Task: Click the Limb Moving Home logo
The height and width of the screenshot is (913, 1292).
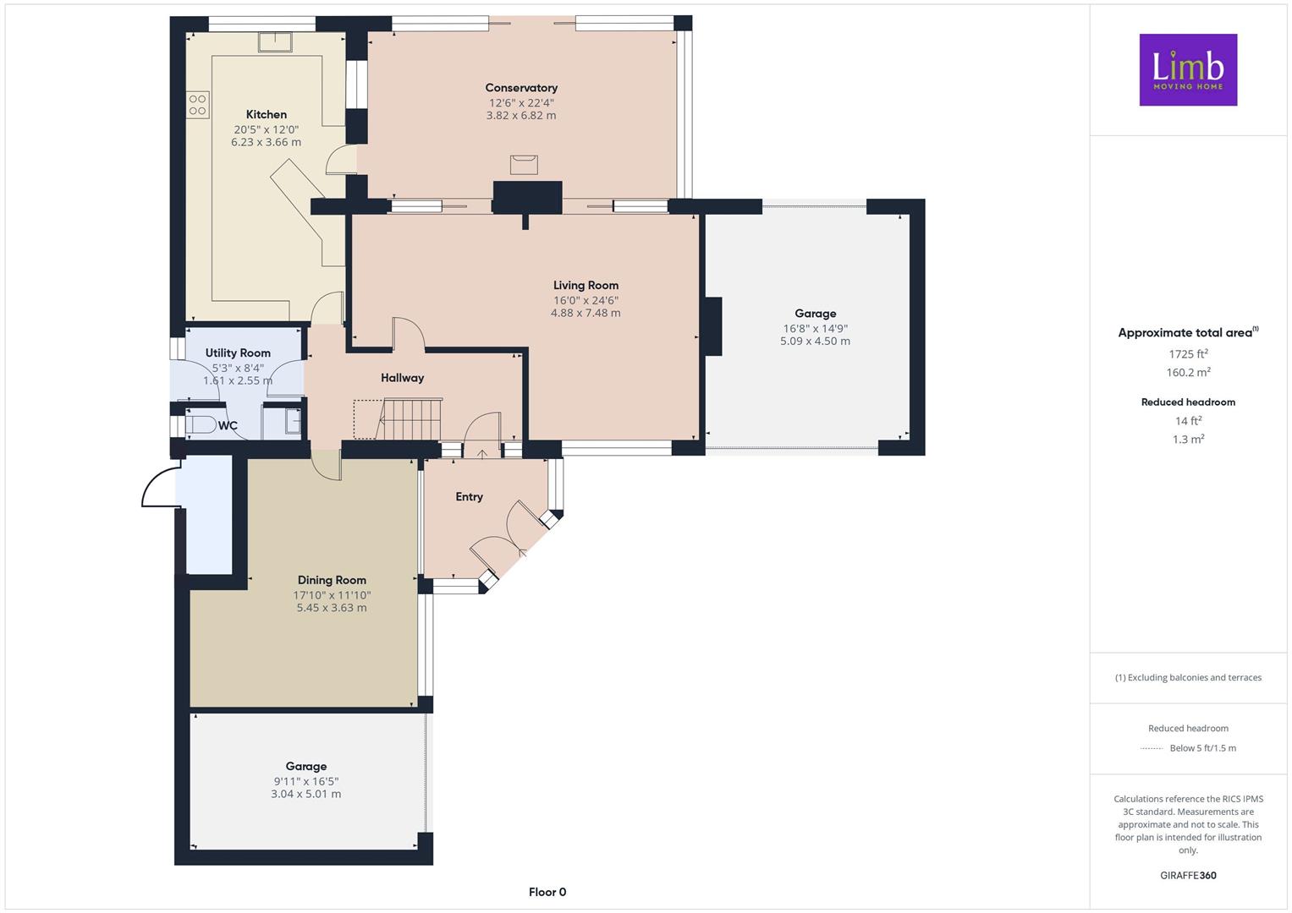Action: (1188, 69)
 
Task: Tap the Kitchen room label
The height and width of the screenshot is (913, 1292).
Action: (267, 115)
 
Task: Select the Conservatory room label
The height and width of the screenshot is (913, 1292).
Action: (521, 88)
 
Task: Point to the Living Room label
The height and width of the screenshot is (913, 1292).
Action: (586, 286)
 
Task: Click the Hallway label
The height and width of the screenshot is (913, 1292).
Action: (403, 378)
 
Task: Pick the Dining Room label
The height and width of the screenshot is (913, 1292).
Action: (332, 581)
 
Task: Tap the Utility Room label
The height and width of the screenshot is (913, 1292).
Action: (238, 353)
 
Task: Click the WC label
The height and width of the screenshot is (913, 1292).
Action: (228, 426)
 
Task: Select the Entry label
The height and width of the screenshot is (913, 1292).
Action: (469, 497)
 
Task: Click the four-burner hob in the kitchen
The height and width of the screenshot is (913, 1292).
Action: (198, 105)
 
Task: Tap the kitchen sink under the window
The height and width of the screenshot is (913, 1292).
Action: (275, 42)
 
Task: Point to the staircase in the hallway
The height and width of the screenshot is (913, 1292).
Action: (410, 418)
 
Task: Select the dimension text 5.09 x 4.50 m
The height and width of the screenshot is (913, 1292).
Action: (815, 342)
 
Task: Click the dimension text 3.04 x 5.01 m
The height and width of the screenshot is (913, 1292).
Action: (305, 795)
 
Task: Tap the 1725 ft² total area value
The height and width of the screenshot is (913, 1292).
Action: (1188, 354)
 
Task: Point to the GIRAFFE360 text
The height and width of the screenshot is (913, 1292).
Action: (1188, 876)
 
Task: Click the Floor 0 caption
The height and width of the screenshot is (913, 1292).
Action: (547, 892)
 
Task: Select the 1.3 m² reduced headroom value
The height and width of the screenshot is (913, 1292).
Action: (1188, 440)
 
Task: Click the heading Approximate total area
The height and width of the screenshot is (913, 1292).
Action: (1188, 332)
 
